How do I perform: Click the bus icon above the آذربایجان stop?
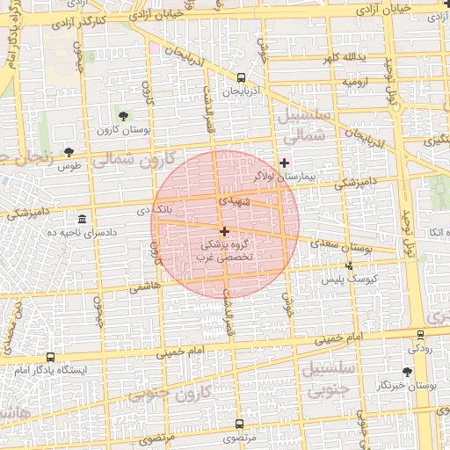242,77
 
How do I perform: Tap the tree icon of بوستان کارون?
122,115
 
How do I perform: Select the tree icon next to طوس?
69,152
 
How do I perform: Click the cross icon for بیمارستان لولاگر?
283,163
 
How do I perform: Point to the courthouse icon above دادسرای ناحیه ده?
83,218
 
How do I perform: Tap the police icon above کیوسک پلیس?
349,265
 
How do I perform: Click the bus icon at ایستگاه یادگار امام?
50,358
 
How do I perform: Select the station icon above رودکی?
420,334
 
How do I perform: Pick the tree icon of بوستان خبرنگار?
407,373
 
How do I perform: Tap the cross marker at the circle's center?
225,231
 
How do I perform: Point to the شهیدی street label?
238,201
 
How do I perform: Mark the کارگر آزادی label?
83,18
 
